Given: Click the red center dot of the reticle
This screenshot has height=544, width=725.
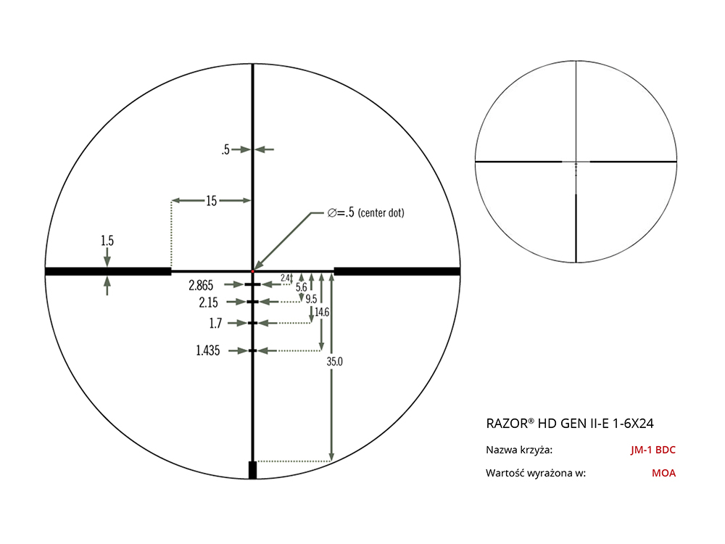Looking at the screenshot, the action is point(253,271).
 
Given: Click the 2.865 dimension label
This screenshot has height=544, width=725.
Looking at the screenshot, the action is point(201,285).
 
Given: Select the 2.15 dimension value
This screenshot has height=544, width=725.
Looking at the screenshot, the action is point(209,302).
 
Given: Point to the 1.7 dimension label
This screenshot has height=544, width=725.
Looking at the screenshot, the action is point(215,323).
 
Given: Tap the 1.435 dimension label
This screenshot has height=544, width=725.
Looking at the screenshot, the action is point(207,350).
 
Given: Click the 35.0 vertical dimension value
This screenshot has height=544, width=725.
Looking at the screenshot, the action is point(335,362).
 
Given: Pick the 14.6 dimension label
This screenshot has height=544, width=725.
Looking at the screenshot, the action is point(323,312).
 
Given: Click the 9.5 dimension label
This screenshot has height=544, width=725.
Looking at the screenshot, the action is point(311,299).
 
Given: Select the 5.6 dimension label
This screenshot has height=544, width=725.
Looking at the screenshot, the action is point(302,287).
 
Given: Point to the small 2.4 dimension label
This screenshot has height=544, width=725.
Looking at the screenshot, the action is point(285,278).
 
